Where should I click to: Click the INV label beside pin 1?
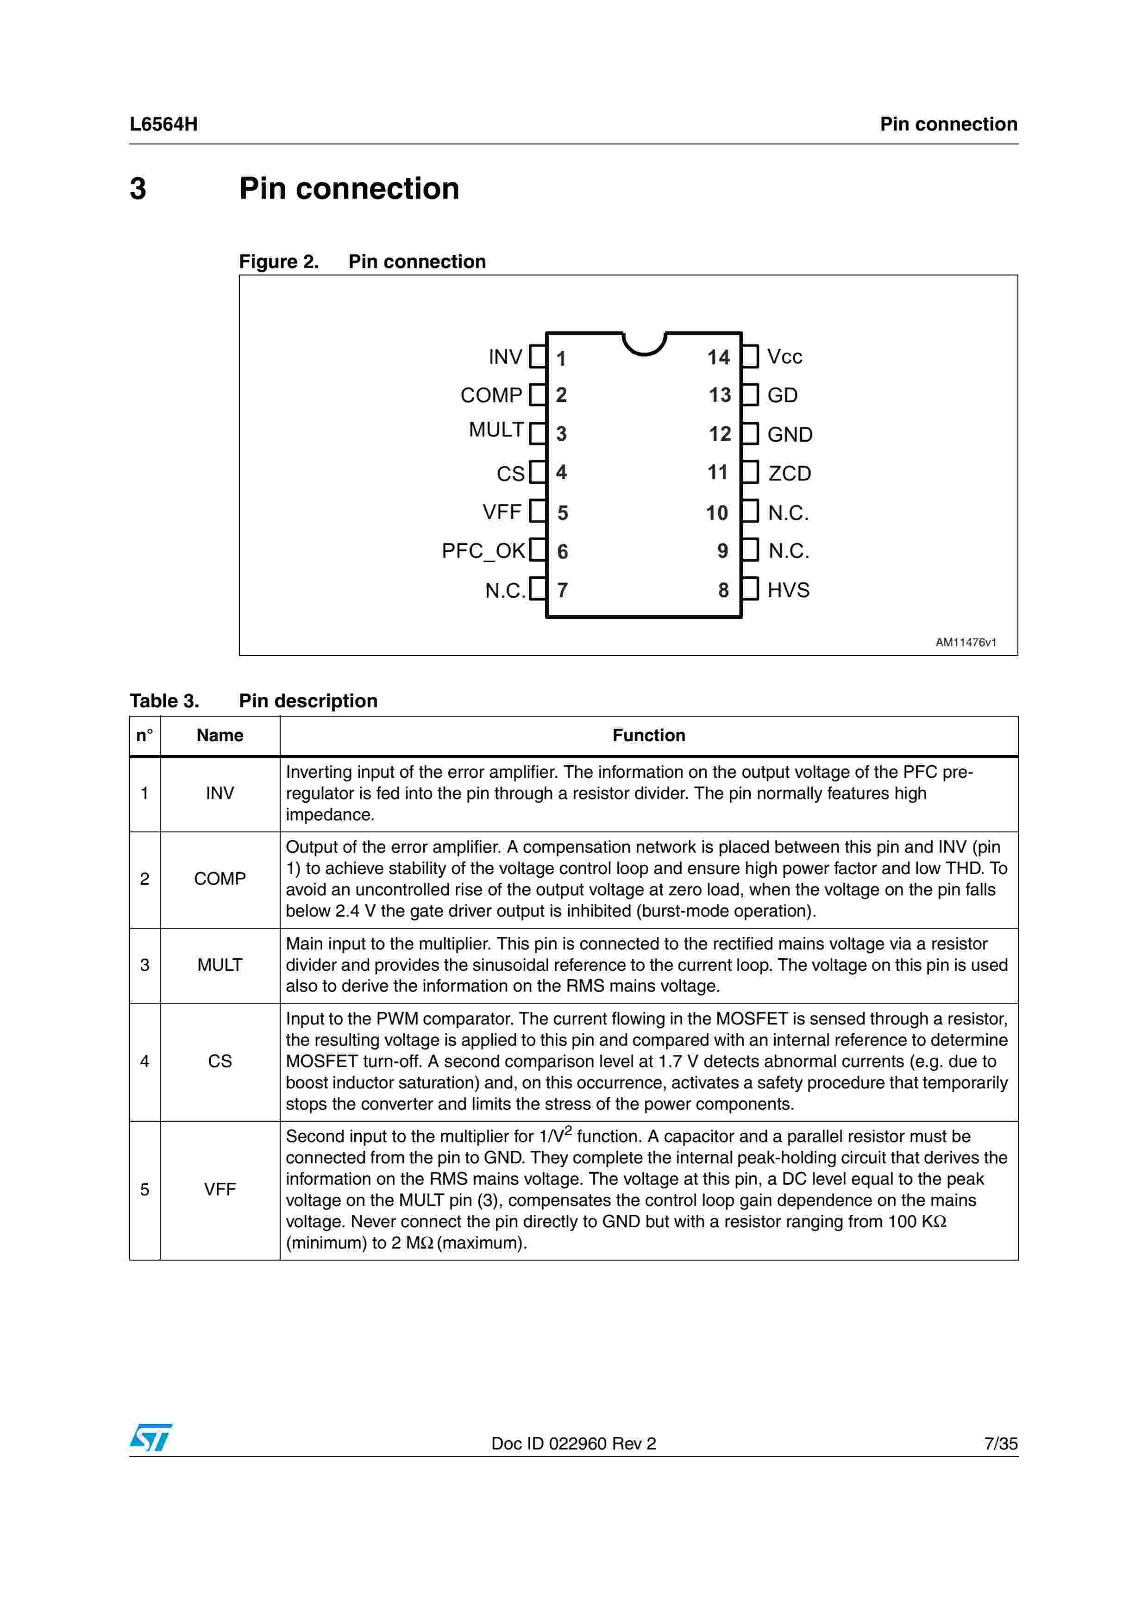click(x=505, y=357)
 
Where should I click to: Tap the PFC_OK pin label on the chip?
click(x=483, y=551)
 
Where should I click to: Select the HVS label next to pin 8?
click(x=788, y=590)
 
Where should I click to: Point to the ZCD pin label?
click(x=790, y=473)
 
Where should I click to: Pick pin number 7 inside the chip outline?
click(x=562, y=590)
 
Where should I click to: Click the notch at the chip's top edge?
click(x=644, y=344)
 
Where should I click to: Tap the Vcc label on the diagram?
click(x=784, y=357)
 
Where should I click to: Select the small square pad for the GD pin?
click(x=750, y=395)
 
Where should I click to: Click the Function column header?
click(x=649, y=736)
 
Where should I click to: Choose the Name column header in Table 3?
click(x=220, y=736)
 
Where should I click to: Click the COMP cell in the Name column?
click(x=220, y=879)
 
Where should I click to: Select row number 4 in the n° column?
click(x=145, y=1061)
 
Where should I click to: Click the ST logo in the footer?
click(x=151, y=1437)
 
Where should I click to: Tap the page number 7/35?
click(x=1000, y=1443)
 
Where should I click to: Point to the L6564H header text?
click(x=163, y=125)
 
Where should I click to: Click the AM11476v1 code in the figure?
click(x=966, y=642)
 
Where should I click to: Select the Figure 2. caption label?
click(x=279, y=262)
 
